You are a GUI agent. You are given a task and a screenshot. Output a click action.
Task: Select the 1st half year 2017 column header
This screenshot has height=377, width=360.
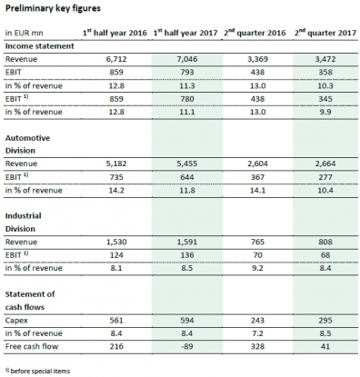pyautogui.click(x=184, y=34)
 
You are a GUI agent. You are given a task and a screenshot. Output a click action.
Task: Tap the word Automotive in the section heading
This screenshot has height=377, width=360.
pyautogui.click(x=28, y=137)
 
